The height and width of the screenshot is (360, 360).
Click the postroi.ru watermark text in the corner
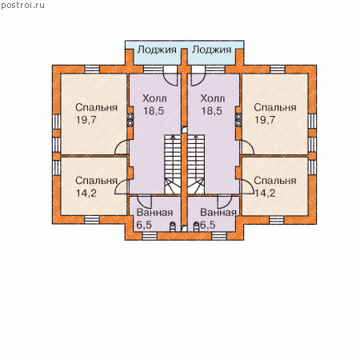point(23,6)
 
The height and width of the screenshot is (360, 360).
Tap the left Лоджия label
point(157,50)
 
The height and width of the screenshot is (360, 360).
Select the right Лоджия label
point(212,50)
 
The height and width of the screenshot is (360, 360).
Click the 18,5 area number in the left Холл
point(154,110)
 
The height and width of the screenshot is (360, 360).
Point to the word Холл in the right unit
point(213,98)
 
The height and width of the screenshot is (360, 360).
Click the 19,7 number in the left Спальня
point(86,120)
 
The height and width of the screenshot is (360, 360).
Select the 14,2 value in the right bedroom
point(265,193)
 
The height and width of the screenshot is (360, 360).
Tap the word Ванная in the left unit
point(154,213)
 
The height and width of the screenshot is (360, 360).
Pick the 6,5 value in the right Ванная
point(208,225)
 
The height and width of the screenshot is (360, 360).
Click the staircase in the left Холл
point(173,164)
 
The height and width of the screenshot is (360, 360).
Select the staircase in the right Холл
point(196,164)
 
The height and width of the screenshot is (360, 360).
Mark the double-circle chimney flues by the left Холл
point(130,120)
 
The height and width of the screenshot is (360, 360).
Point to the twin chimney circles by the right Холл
point(238,120)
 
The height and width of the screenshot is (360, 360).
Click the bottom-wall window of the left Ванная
point(150,236)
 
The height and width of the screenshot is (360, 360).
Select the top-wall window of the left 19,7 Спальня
point(92,69)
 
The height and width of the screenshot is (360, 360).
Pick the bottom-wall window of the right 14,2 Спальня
point(277,220)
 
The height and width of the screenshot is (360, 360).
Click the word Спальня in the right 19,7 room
point(275,107)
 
